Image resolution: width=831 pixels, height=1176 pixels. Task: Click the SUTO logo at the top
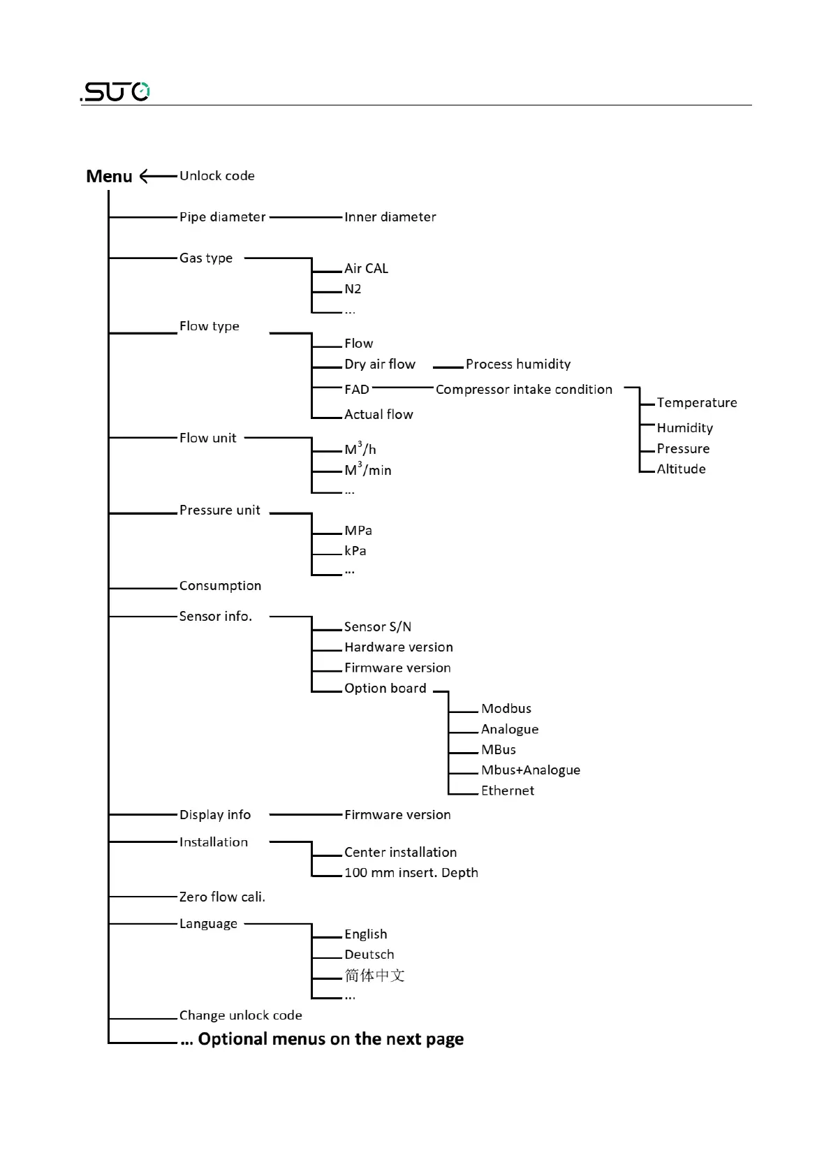click(115, 91)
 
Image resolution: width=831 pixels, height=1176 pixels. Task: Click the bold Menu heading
click(109, 177)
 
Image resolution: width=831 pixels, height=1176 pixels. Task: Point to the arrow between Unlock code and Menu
click(158, 176)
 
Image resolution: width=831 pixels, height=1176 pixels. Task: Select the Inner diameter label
click(390, 217)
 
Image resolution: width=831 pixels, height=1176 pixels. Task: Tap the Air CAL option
click(366, 268)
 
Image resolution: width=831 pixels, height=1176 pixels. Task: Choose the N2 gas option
click(353, 289)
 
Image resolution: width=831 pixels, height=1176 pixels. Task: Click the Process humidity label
click(517, 364)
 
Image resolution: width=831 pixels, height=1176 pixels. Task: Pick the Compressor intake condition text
click(524, 390)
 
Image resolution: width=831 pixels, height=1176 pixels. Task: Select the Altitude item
click(681, 469)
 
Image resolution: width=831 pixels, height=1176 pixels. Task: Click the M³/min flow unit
click(368, 470)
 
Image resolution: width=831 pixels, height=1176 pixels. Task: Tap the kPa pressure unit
click(355, 551)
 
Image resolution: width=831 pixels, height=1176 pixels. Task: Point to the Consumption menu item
click(220, 586)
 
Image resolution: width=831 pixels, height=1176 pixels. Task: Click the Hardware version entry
click(398, 647)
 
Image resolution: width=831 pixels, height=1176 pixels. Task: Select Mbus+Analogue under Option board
click(530, 770)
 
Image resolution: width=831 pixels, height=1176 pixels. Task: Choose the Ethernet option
click(508, 791)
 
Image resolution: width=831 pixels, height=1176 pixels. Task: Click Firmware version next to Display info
click(397, 815)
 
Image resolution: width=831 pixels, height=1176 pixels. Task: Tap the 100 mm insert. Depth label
click(411, 873)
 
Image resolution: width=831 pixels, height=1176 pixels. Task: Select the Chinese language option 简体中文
click(374, 976)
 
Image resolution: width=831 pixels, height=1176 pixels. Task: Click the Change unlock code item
click(240, 1015)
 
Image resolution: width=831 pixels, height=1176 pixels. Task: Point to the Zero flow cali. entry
click(222, 897)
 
